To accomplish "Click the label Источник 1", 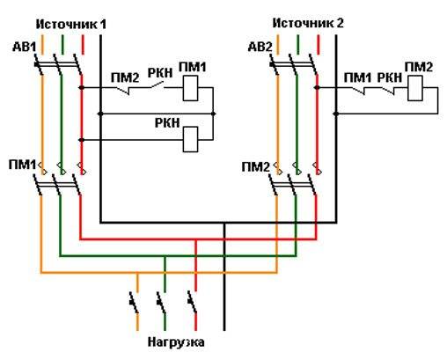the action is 71,24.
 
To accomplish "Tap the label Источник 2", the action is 308,23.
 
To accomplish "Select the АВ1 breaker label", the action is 24,47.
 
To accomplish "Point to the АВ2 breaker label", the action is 260,47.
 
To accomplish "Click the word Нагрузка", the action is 176,342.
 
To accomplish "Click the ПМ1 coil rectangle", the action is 190,88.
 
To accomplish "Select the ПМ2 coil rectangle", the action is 415,88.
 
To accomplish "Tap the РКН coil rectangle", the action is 190,139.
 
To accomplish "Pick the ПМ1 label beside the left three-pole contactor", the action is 22,165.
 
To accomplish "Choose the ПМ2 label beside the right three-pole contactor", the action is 255,167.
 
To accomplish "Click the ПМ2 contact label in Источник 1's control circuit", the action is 125,77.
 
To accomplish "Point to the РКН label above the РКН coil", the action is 167,123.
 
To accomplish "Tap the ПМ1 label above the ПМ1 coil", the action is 193,68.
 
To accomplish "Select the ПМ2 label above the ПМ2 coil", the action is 419,68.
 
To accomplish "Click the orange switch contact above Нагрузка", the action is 134,302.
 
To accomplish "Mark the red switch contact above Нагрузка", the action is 193,302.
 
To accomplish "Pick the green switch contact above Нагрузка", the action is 161,302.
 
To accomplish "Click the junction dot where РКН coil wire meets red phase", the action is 82,140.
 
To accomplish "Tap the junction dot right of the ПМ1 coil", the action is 213,114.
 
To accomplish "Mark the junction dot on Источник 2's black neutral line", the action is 336,114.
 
